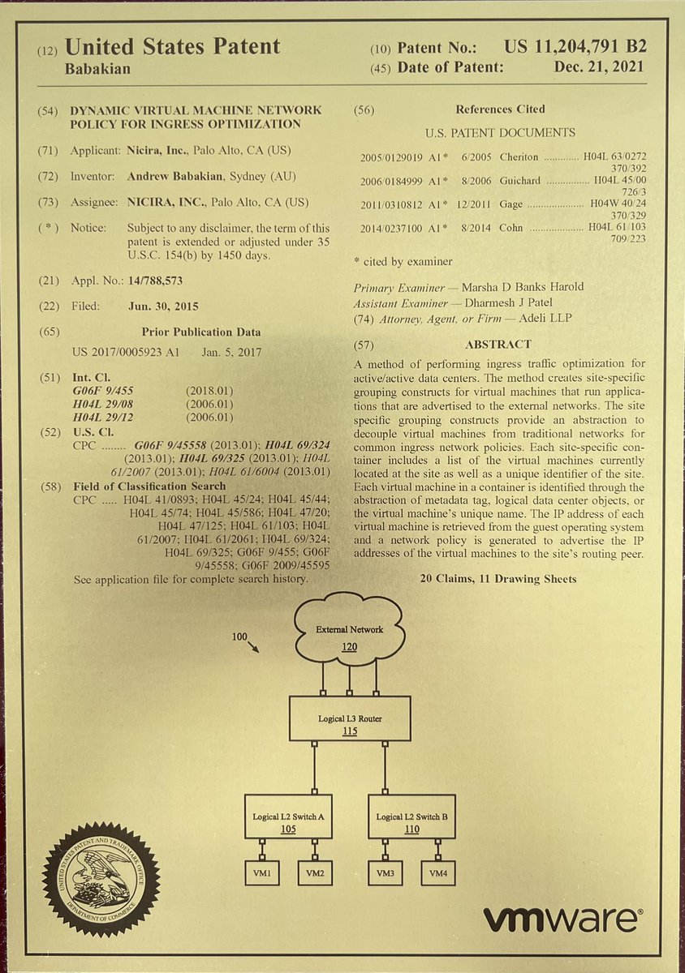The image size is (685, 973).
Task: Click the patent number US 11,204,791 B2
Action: [575, 48]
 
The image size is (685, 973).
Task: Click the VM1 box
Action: [262, 873]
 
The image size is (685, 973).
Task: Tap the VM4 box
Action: [437, 873]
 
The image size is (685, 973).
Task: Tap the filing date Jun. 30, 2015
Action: [163, 306]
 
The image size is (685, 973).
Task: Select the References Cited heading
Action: [500, 109]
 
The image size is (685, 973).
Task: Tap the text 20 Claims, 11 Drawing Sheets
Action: [498, 579]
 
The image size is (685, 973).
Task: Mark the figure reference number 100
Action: [238, 637]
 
